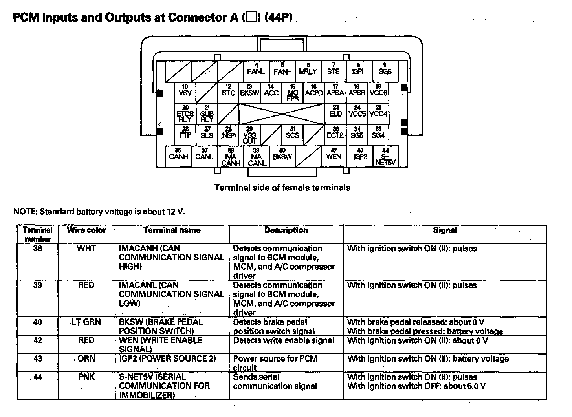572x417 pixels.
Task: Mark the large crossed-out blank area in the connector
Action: (x=282, y=114)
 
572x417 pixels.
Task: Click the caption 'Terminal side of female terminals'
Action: (x=282, y=188)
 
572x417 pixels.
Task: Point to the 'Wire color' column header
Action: (x=86, y=230)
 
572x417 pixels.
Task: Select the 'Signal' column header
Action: (x=445, y=230)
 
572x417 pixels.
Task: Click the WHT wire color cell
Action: (x=86, y=249)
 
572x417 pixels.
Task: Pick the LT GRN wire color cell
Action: (x=86, y=322)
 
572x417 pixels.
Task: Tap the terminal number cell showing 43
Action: (x=38, y=359)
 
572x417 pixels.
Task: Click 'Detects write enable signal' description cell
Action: (x=284, y=340)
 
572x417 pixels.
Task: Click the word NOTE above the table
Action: (x=25, y=212)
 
